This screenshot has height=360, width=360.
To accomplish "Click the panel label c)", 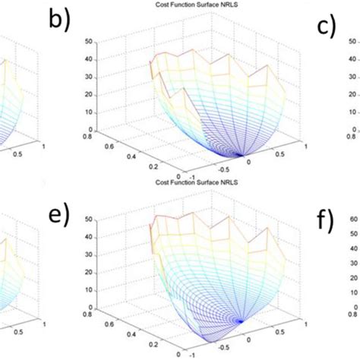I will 326,27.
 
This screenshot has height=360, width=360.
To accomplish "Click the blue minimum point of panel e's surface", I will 242,321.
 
